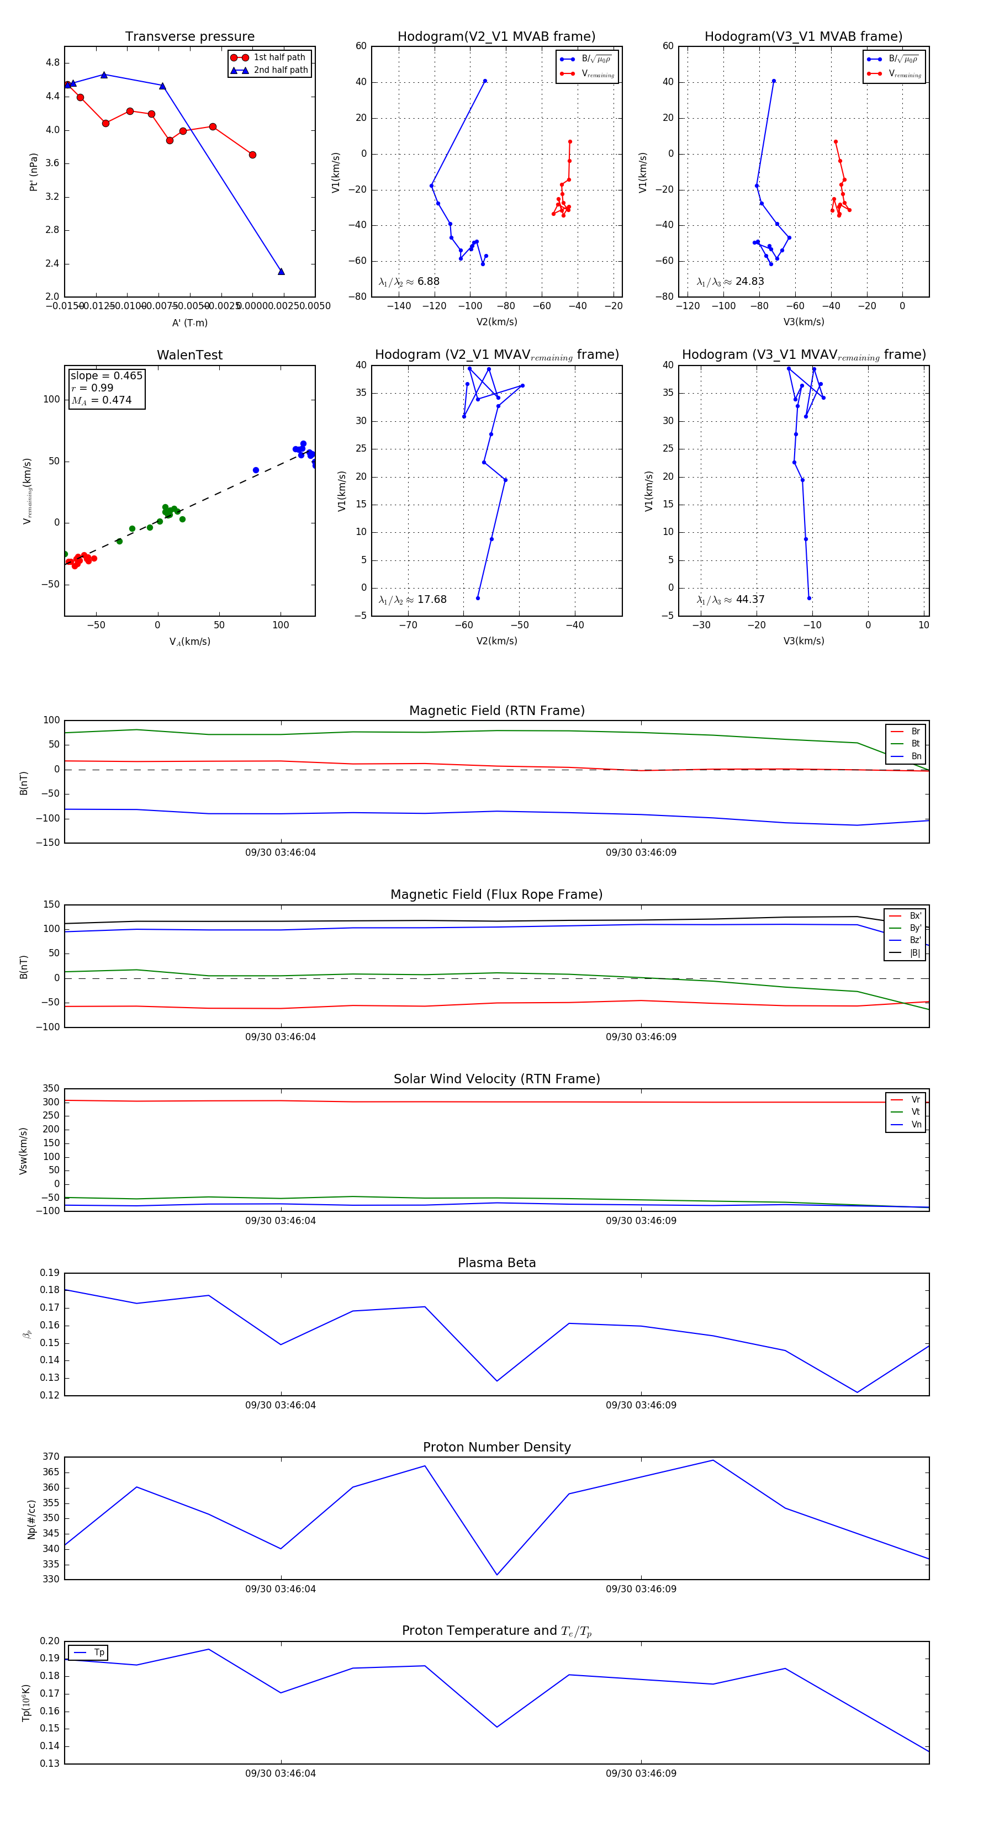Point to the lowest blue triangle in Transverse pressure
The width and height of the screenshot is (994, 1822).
(x=281, y=272)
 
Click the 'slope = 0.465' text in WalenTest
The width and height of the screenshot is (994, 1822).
(x=106, y=375)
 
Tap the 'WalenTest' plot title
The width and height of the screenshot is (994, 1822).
(x=189, y=355)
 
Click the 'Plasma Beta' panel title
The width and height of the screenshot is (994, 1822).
(x=496, y=1263)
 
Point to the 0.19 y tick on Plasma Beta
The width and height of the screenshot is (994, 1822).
(x=50, y=1273)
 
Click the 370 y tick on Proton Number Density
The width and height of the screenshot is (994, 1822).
(x=51, y=1457)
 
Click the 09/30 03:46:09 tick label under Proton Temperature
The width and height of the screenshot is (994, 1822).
(x=641, y=1773)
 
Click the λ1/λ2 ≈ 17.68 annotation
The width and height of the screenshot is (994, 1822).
(x=413, y=600)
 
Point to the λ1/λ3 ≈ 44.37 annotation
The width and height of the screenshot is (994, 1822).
(x=730, y=600)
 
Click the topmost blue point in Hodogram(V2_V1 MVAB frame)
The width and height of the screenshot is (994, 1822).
(x=485, y=81)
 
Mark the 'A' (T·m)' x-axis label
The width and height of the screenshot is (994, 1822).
(x=189, y=322)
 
